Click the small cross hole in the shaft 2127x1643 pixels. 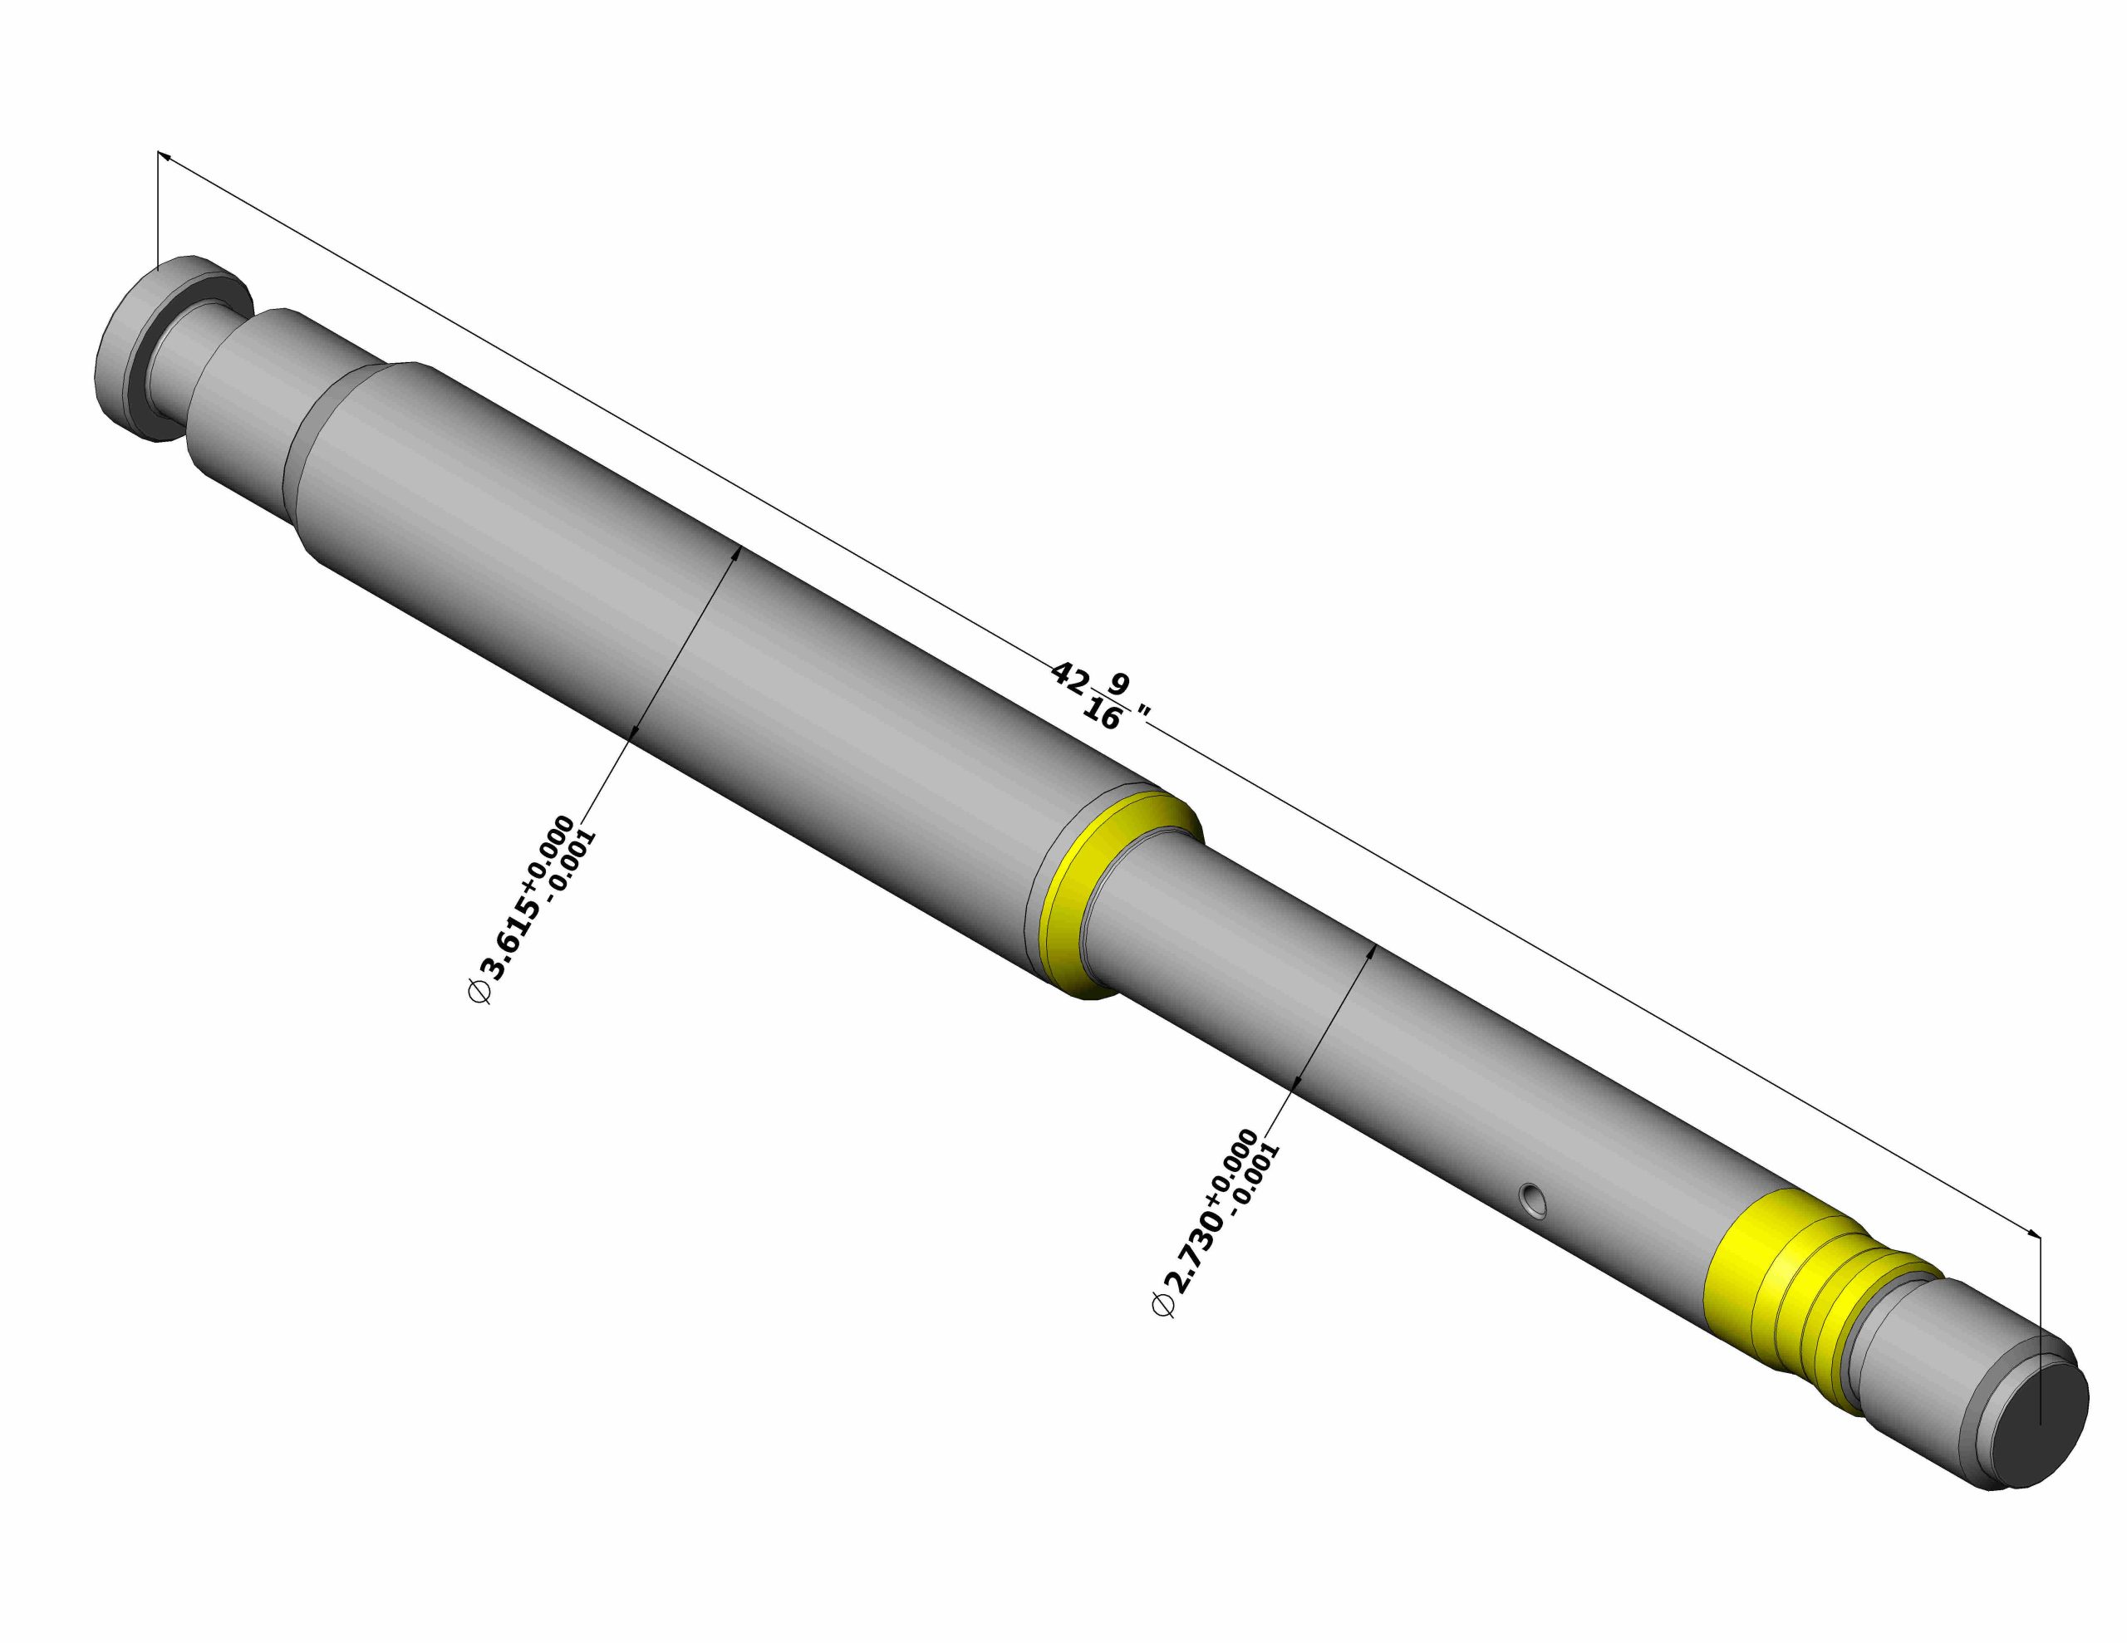(x=1534, y=1200)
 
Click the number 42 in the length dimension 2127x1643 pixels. (x=1068, y=678)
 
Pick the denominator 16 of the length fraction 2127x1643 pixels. (x=1102, y=717)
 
